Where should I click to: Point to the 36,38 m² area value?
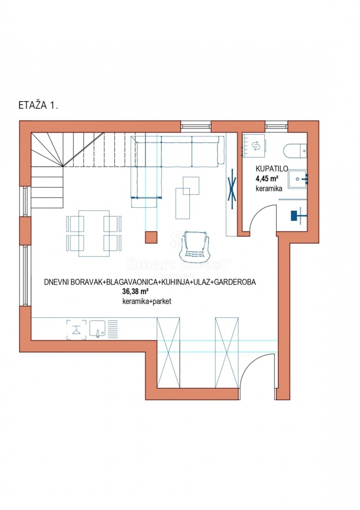pos(136,291)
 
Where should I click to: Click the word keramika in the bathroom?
pos(268,188)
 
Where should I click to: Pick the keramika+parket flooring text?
pos(146,301)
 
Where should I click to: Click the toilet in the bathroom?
pos(295,151)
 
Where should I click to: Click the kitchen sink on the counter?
pos(98,328)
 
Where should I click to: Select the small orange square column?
pos(151,238)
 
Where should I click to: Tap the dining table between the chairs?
pos(94,233)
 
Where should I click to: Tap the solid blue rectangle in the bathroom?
pos(297,215)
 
